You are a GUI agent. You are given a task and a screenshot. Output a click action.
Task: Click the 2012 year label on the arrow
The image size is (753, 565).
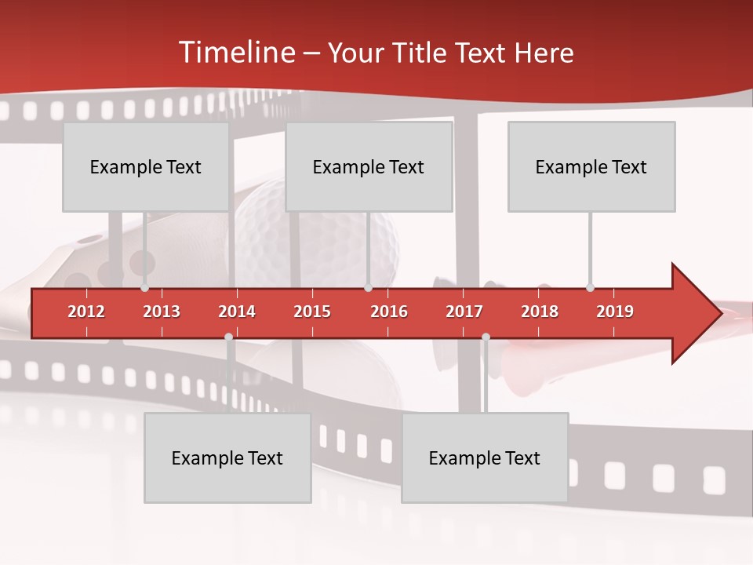[x=86, y=312]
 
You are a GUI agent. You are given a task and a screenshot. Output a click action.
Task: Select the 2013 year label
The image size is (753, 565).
[x=162, y=312]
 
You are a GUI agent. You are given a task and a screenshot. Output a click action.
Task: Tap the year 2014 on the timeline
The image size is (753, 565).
[x=237, y=312]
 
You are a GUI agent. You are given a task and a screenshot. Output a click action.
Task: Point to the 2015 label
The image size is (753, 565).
[x=312, y=312]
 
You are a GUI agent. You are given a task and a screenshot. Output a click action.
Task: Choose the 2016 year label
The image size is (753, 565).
[x=389, y=312]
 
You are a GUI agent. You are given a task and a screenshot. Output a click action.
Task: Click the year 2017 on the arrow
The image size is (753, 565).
[x=464, y=312]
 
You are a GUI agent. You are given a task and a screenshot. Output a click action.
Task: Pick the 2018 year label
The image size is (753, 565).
[x=540, y=312]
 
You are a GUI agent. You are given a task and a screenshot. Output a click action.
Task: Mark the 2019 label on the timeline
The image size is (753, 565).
[x=615, y=312]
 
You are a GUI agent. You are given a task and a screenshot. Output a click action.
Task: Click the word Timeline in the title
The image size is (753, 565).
[x=235, y=53]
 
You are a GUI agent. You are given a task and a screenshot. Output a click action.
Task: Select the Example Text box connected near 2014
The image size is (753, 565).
[x=227, y=458]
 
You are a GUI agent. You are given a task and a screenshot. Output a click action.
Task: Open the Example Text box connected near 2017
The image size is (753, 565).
[x=485, y=458]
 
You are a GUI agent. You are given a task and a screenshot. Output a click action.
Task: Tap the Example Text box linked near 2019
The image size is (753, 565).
[x=591, y=167]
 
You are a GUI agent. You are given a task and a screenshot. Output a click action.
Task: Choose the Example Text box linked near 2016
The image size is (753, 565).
[x=369, y=167]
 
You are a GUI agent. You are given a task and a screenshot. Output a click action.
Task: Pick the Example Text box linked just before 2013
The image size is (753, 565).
[x=146, y=167]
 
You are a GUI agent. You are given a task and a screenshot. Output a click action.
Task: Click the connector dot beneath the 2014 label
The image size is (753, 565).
[x=228, y=337]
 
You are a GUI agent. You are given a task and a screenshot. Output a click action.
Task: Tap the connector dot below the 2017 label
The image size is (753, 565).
[x=486, y=337]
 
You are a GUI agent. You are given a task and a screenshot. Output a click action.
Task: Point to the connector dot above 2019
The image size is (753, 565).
[x=590, y=287]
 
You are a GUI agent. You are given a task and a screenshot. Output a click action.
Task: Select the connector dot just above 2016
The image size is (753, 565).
[x=368, y=287]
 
